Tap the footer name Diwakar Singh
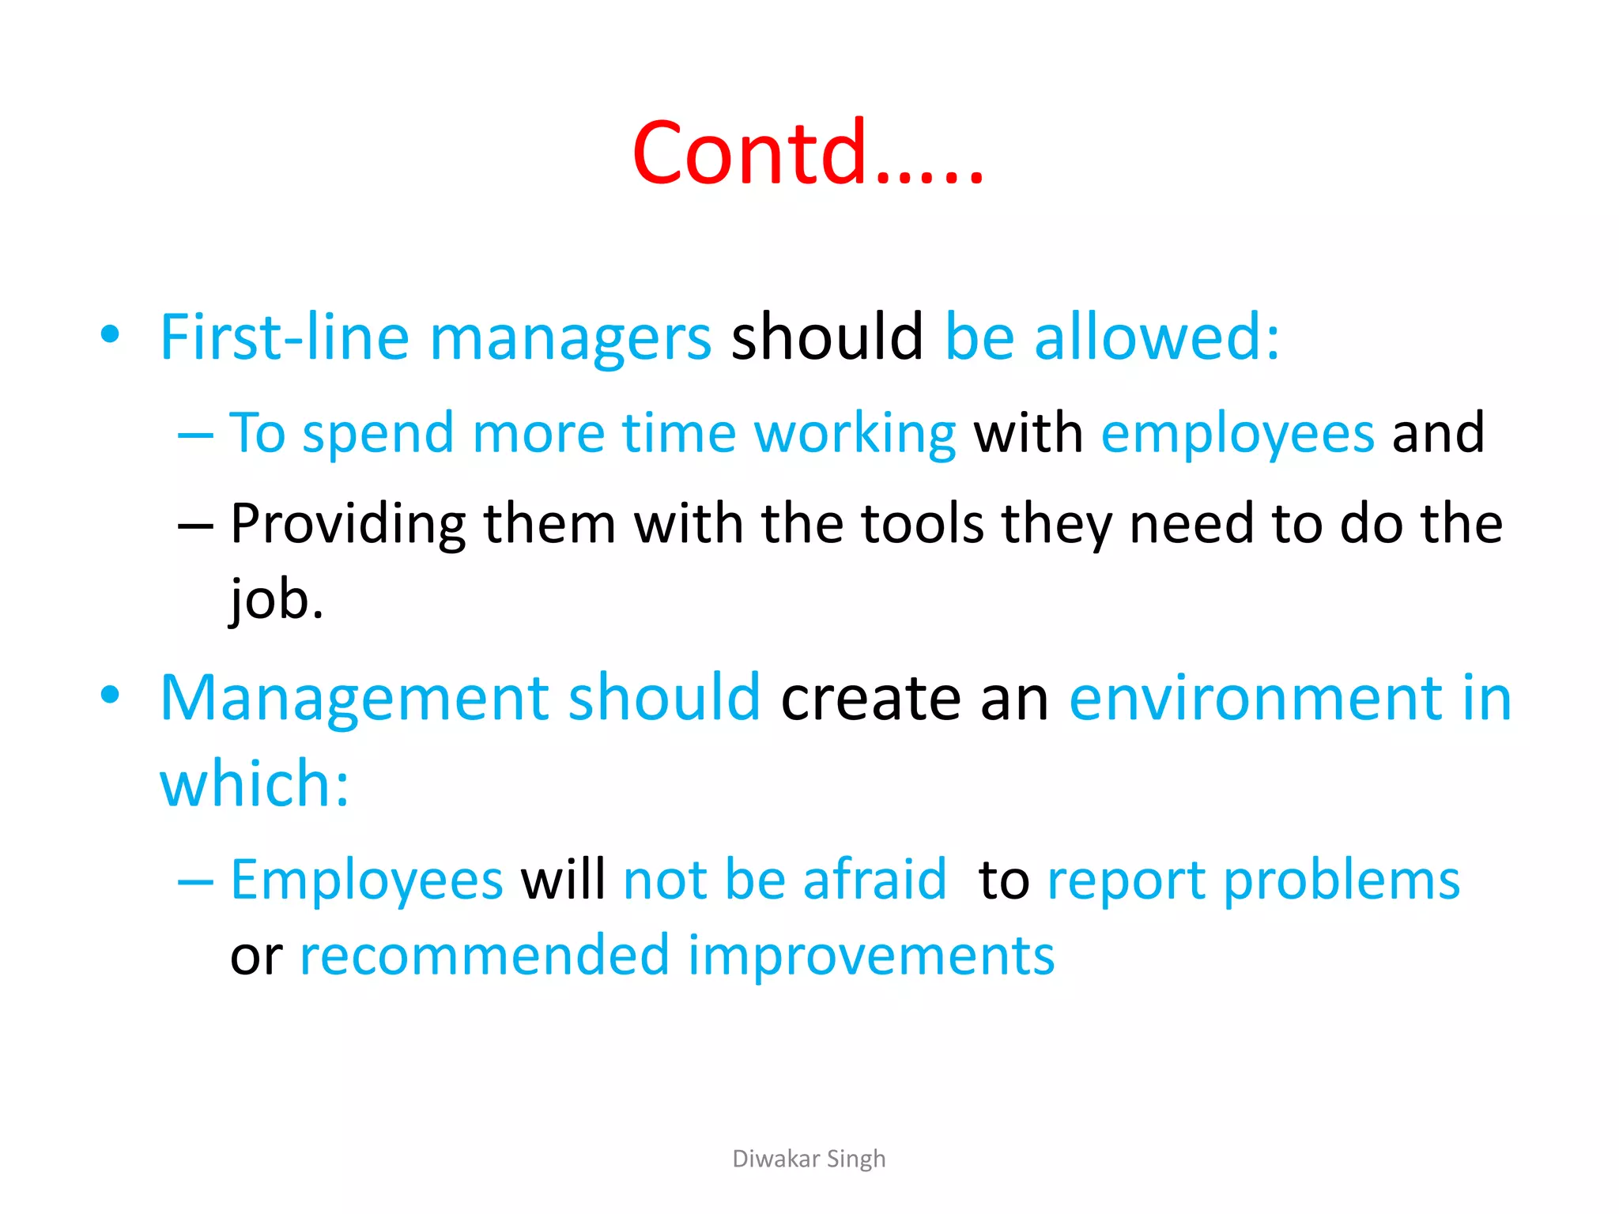[x=809, y=1159]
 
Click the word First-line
[x=284, y=337]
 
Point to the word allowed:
[x=1157, y=337]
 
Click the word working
[x=855, y=435]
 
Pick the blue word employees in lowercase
[x=1237, y=435]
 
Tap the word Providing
[x=348, y=525]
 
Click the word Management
[x=355, y=699]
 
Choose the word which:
[x=255, y=784]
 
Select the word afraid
[x=874, y=879]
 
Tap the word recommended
[x=485, y=955]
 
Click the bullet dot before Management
[x=110, y=696]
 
